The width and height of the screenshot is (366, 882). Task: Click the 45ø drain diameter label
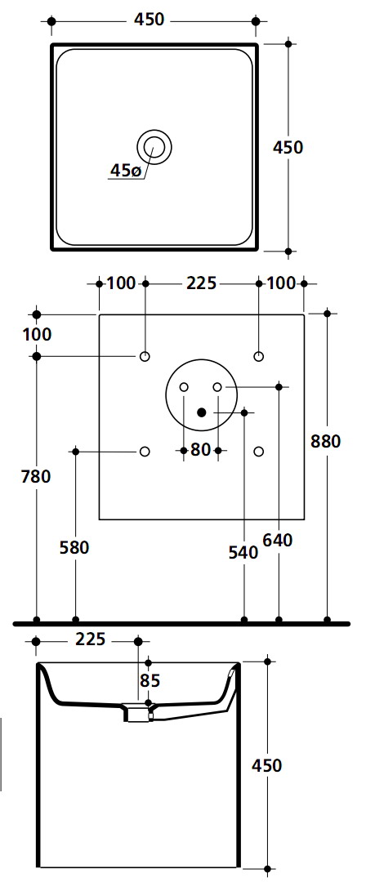[126, 171]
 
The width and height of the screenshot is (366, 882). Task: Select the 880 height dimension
[325, 442]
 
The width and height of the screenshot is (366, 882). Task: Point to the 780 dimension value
[35, 476]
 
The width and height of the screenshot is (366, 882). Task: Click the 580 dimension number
[74, 547]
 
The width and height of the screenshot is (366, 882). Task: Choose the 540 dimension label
[243, 552]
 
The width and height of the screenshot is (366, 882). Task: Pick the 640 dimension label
[278, 540]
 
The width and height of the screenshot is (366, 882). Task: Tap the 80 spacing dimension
[200, 450]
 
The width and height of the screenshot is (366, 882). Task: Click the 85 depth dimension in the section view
[150, 680]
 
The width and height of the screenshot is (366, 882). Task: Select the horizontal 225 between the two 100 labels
[201, 283]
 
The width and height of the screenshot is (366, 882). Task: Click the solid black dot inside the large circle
[201, 412]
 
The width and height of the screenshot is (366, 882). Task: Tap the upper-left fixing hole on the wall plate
[145, 356]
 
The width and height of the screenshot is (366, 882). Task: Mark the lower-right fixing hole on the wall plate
[258, 451]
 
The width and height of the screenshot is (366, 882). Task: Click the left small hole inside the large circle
[184, 387]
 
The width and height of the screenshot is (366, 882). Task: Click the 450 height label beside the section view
[266, 765]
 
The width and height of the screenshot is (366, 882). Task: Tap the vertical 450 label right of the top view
[288, 147]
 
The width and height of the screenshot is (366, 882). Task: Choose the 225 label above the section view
[90, 639]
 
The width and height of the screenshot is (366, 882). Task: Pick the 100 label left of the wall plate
[37, 334]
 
